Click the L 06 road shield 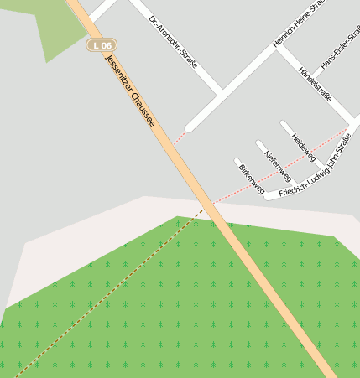[102, 44]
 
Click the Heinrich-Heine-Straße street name [299, 25]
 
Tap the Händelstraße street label [315, 85]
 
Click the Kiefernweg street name [278, 166]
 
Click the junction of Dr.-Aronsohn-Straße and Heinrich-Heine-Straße [222, 91]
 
